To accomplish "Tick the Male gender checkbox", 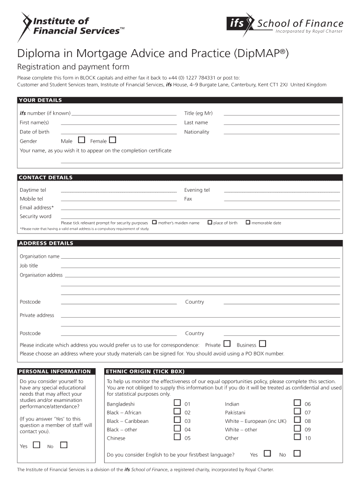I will tap(82, 140).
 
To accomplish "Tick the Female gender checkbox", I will tap(113, 140).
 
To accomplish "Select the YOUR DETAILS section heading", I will tap(40, 100).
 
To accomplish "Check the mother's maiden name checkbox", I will tap(155, 222).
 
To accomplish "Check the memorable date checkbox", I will tap(248, 222).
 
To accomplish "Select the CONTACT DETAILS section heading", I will tap(45, 177).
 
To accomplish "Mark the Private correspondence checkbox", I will tap(228, 344).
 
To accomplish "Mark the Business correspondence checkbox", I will tap(262, 344).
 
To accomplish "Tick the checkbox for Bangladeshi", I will tap(177, 403).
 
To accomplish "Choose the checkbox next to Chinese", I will tap(177, 437).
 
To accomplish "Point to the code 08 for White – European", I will tap(308, 421).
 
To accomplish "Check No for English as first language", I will tap(297, 453).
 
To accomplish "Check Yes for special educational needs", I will tap(36, 445).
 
